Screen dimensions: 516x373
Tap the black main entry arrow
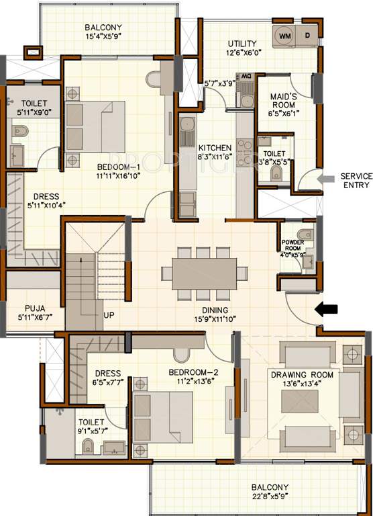coord(327,309)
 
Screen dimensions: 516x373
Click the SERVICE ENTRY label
coord(356,180)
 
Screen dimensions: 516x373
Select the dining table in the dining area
coord(203,273)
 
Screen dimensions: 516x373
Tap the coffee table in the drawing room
coord(300,400)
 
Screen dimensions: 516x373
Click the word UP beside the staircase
coord(109,314)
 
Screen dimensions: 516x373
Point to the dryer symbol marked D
coord(307,35)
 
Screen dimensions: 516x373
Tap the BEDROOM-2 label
coord(193,372)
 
